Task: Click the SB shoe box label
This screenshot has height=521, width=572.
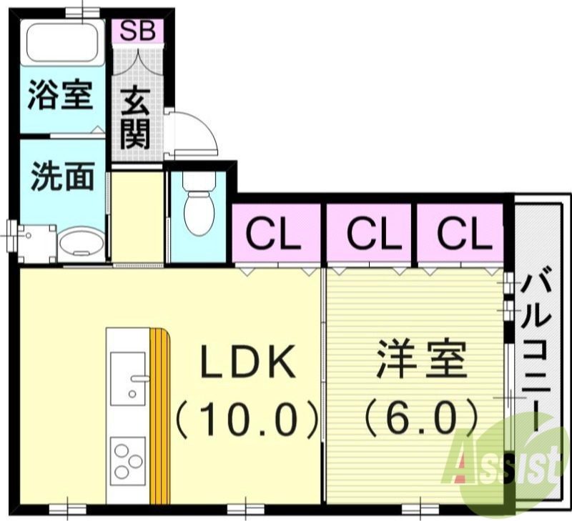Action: point(137,31)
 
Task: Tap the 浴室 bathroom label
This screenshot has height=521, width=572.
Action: point(61,96)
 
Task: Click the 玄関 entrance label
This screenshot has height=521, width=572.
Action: point(136,118)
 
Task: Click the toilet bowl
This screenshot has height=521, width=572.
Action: point(197,207)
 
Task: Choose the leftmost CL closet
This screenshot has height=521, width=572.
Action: point(275,234)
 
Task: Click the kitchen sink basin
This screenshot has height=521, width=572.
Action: point(127,377)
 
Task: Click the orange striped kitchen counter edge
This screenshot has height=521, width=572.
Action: point(160,415)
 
